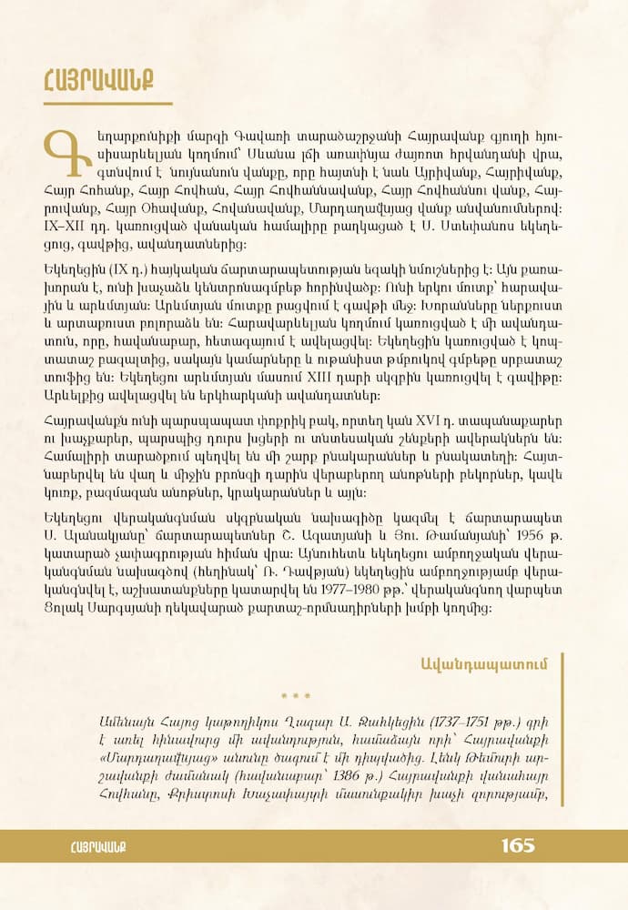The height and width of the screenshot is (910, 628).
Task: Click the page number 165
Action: pos(517,846)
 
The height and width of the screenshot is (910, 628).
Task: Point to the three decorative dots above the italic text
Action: pos(296,696)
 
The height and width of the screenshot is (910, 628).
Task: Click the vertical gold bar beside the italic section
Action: pos(563,728)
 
